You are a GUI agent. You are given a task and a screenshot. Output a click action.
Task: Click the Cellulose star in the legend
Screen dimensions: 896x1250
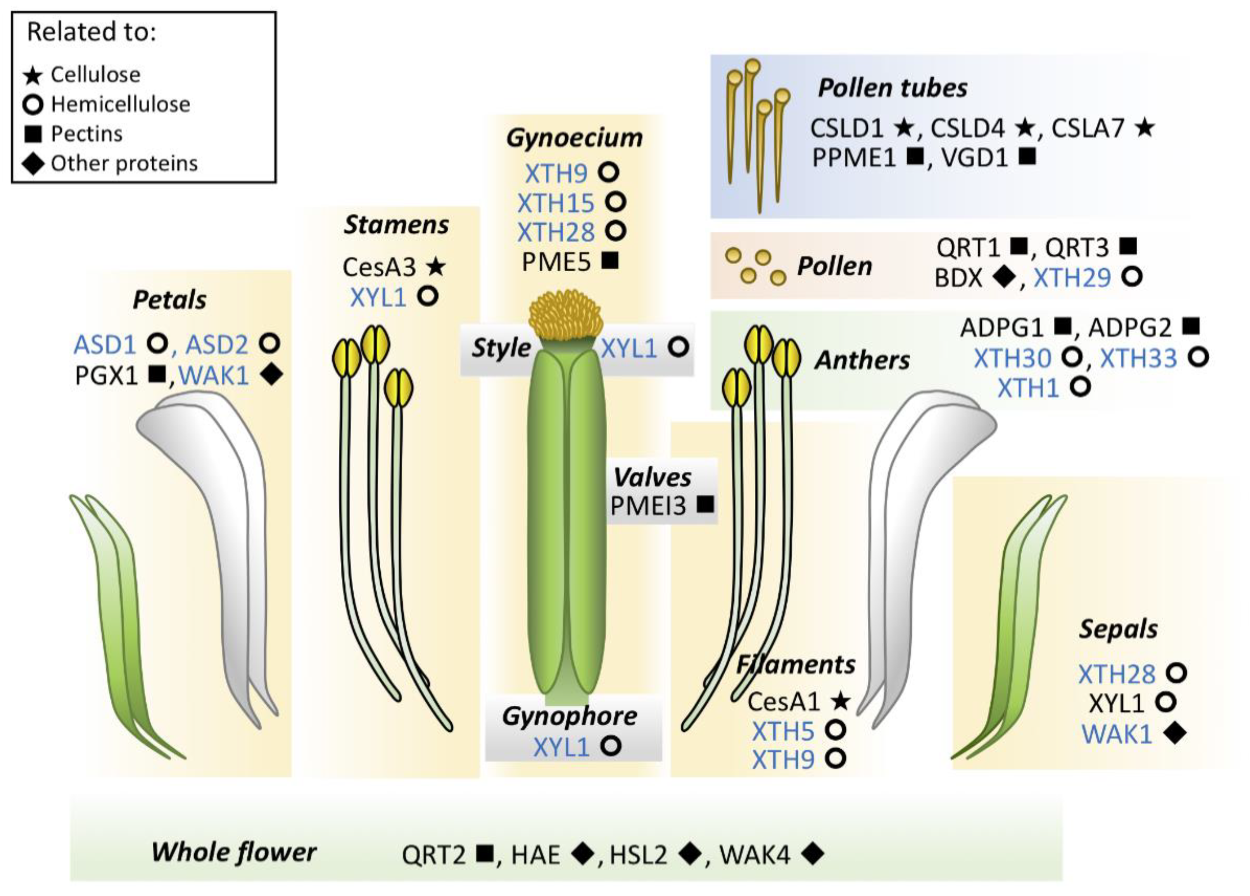tap(33, 75)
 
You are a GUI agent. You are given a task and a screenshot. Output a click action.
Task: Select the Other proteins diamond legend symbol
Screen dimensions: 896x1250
tap(33, 164)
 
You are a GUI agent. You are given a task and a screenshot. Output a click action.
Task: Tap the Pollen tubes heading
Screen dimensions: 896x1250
tap(892, 88)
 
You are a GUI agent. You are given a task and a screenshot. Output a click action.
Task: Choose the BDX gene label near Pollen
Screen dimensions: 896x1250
tap(958, 278)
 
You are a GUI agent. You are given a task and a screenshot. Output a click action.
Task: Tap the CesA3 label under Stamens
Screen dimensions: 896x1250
tap(379, 267)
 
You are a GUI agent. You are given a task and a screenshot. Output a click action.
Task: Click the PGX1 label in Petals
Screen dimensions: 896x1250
tap(106, 376)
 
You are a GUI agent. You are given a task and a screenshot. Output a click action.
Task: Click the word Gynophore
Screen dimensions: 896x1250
tap(569, 716)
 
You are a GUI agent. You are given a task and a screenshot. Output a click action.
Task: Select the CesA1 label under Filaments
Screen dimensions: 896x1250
tap(784, 701)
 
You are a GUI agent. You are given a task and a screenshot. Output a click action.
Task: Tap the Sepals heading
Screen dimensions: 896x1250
tap(1118, 629)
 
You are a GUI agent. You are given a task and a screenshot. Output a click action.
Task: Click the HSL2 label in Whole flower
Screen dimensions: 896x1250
tap(638, 855)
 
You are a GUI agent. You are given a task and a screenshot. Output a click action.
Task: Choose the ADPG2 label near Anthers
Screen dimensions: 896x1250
tap(1129, 328)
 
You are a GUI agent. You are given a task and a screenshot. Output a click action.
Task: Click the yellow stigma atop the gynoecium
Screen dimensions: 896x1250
tap(565, 316)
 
